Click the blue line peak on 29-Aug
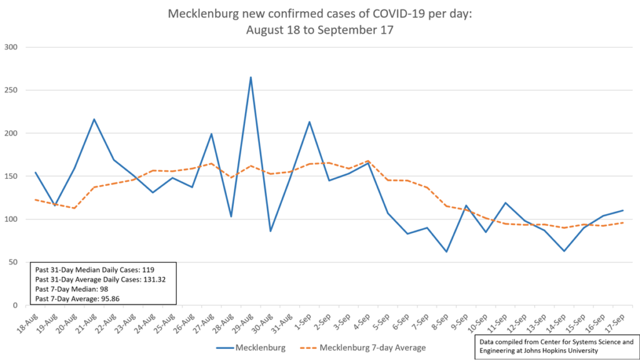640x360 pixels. pos(251,77)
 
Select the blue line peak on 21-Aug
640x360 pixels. pos(94,119)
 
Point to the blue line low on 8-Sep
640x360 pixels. pos(446,251)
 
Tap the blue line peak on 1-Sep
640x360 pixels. pos(309,122)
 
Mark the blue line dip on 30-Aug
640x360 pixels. pos(270,231)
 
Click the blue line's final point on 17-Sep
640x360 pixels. pos(623,210)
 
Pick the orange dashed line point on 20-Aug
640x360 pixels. pos(75,208)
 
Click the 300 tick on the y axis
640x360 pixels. pos(11,47)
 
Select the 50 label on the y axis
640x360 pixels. pos(14,262)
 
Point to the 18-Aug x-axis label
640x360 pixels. pos(27,323)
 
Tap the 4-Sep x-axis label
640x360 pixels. pos(361,322)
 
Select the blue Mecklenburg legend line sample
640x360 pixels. pos(224,348)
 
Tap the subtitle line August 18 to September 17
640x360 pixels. pos(319,30)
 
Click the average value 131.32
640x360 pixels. pos(154,279)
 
